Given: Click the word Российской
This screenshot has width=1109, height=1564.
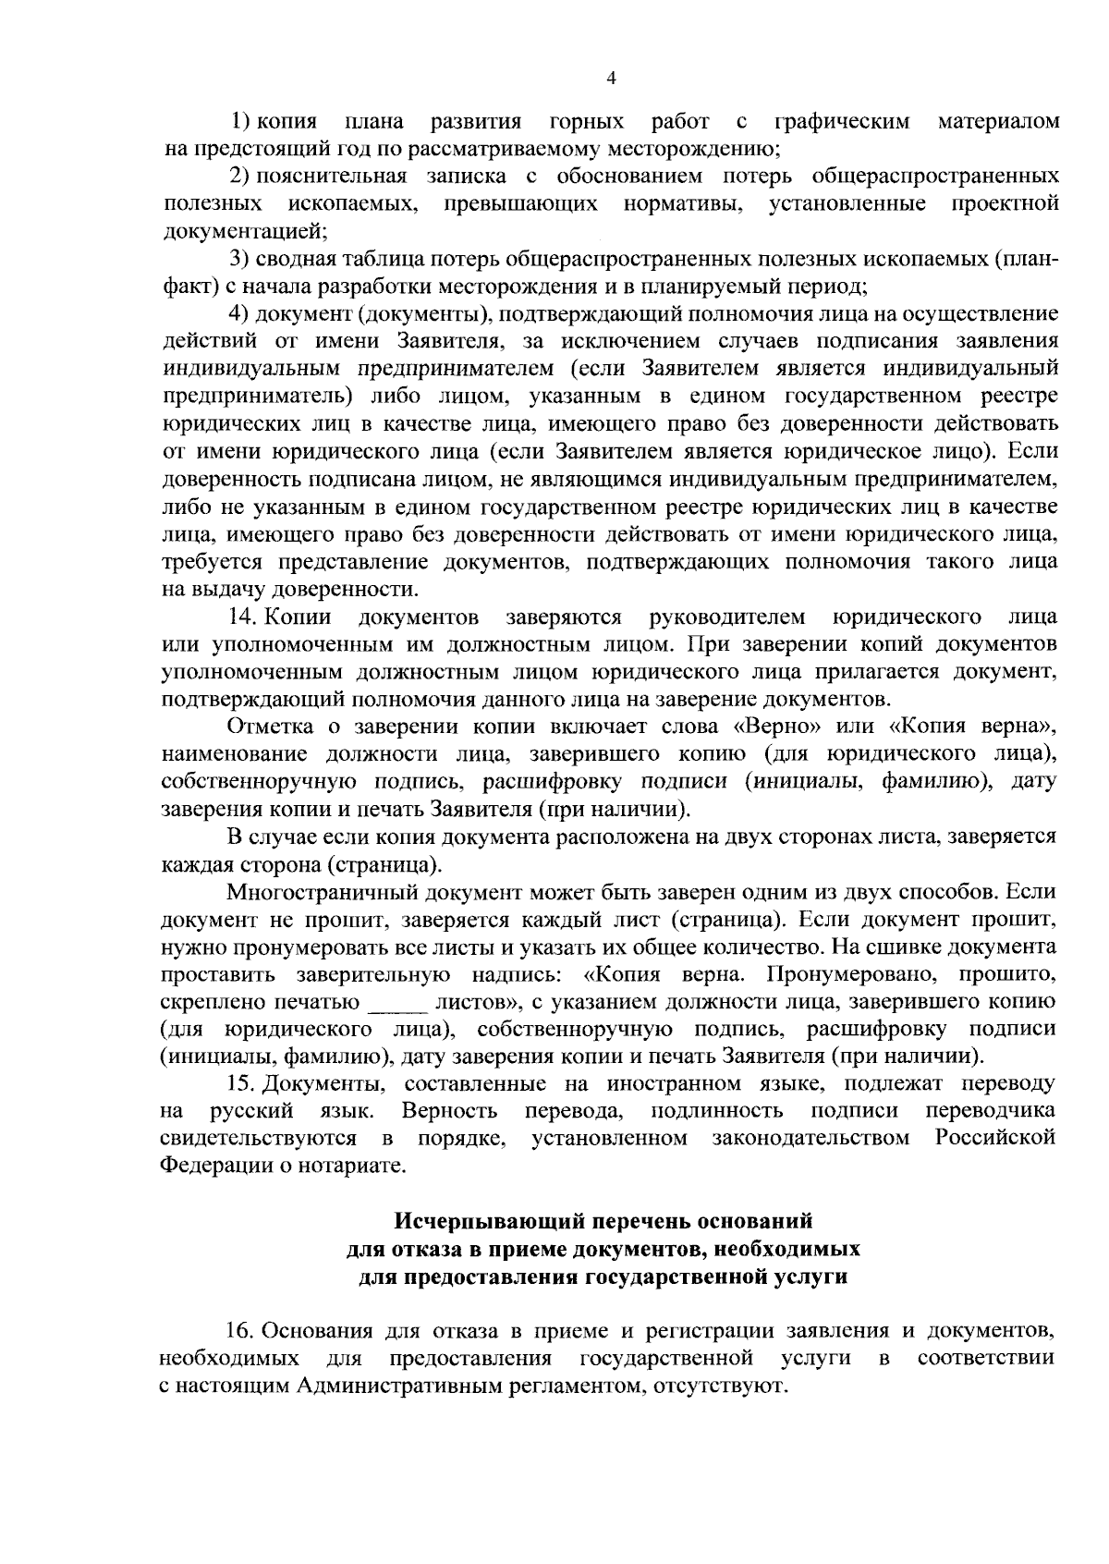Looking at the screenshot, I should pos(995,1137).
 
